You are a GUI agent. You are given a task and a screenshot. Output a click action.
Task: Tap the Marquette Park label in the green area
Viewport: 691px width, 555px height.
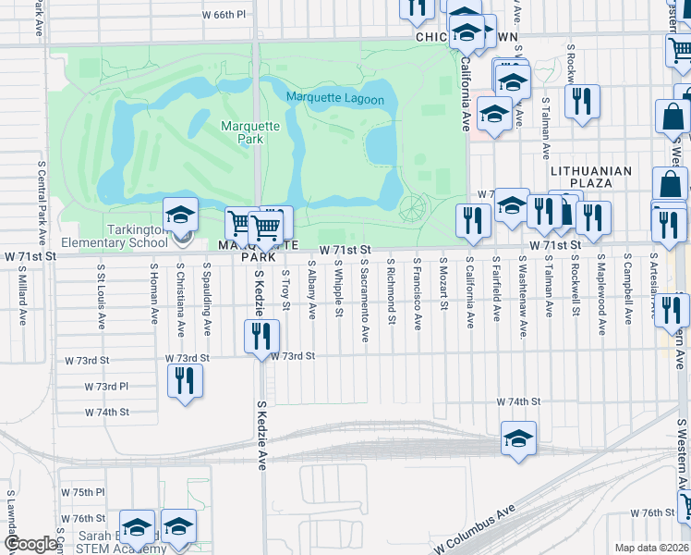(243, 132)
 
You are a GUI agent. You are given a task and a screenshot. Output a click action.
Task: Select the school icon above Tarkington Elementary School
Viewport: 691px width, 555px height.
(181, 216)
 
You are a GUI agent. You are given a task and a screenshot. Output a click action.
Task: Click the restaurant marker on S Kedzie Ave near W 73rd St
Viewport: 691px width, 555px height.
(261, 338)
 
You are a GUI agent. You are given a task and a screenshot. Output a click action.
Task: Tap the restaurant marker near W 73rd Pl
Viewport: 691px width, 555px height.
(185, 380)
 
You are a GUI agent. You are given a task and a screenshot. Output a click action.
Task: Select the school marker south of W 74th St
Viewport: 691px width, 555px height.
(518, 438)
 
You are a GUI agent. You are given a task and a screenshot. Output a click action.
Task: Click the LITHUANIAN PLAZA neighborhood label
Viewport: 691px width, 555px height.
(591, 178)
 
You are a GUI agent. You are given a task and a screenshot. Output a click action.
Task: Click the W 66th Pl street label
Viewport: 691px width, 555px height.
(224, 15)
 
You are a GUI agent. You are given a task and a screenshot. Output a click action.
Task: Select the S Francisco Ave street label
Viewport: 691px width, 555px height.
(418, 295)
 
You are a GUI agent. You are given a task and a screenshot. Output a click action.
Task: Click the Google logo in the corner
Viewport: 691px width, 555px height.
(30, 545)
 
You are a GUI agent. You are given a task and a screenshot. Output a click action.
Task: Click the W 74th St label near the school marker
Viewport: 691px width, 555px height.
(517, 402)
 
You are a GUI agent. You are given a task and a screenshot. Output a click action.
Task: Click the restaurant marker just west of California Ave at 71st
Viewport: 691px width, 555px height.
(470, 220)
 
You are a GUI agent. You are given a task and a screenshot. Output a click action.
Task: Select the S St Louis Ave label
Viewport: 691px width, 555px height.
(100, 295)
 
